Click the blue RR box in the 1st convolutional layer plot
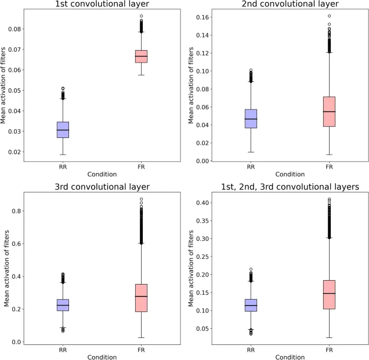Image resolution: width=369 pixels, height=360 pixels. click(63, 130)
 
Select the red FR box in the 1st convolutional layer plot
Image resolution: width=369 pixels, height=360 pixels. click(141, 56)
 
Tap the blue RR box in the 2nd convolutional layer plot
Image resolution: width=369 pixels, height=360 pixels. click(250, 119)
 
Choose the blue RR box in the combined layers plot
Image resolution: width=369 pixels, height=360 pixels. click(250, 305)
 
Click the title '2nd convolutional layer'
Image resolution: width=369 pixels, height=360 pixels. click(289, 4)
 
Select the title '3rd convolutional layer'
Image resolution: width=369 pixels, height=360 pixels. click(102, 188)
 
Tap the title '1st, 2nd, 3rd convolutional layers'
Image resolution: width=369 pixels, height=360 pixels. click(289, 188)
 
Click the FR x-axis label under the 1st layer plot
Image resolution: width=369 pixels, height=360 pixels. click(141, 167)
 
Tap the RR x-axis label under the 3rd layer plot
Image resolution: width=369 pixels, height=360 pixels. click(63, 349)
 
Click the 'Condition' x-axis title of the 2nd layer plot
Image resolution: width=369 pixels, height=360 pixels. click(289, 174)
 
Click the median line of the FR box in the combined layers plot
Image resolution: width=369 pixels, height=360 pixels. click(329, 293)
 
